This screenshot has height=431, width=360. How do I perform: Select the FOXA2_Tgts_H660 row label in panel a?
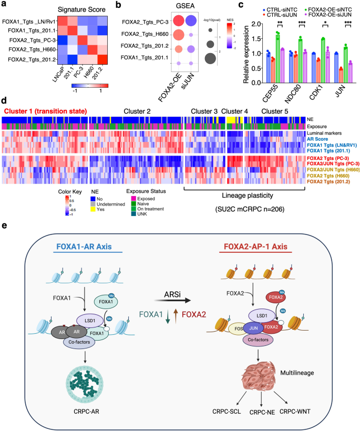29,49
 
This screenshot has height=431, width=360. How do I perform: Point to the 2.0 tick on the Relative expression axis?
245,24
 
